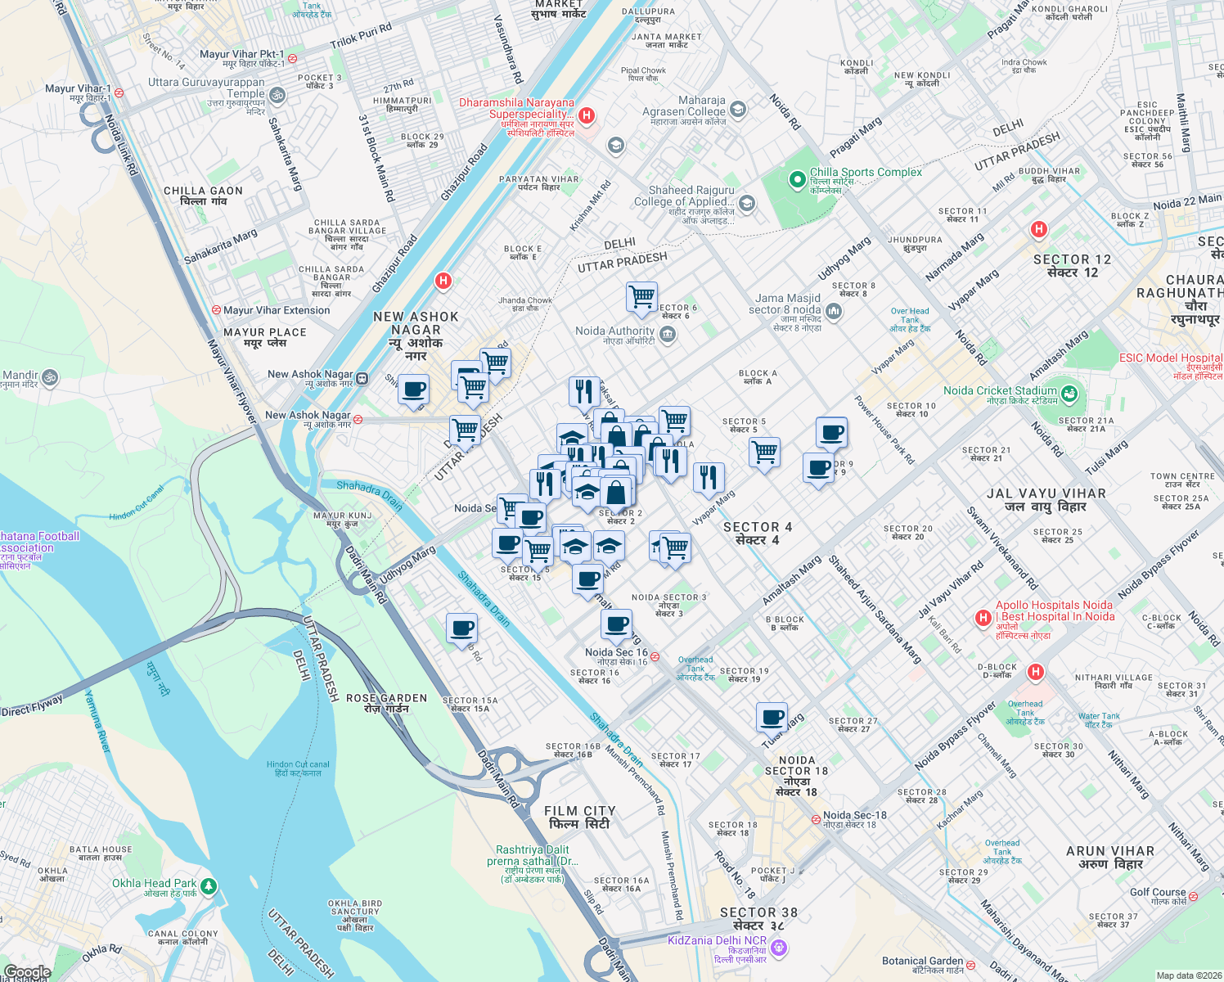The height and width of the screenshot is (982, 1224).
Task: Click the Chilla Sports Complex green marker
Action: click(x=797, y=179)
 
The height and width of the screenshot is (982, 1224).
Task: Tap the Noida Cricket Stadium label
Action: click(x=1000, y=391)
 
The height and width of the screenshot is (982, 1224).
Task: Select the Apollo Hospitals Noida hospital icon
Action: click(x=983, y=618)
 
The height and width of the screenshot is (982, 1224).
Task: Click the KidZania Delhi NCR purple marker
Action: click(x=779, y=948)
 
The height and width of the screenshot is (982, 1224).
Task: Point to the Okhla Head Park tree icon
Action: click(x=209, y=886)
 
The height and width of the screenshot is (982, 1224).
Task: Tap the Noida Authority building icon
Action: click(x=668, y=335)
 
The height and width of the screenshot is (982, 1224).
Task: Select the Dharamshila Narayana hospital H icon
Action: click(x=586, y=116)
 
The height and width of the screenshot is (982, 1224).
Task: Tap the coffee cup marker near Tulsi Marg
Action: click(x=772, y=718)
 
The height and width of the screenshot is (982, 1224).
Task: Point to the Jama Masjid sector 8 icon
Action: click(x=834, y=310)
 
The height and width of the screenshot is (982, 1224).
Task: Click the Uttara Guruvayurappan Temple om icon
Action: click(x=277, y=96)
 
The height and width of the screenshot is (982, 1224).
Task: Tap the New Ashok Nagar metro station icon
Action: click(x=362, y=378)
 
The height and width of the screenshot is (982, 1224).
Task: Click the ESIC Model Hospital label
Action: click(x=1170, y=358)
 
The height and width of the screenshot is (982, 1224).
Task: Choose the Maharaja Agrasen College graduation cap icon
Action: click(x=738, y=109)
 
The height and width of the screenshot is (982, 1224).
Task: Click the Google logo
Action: click(x=28, y=972)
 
